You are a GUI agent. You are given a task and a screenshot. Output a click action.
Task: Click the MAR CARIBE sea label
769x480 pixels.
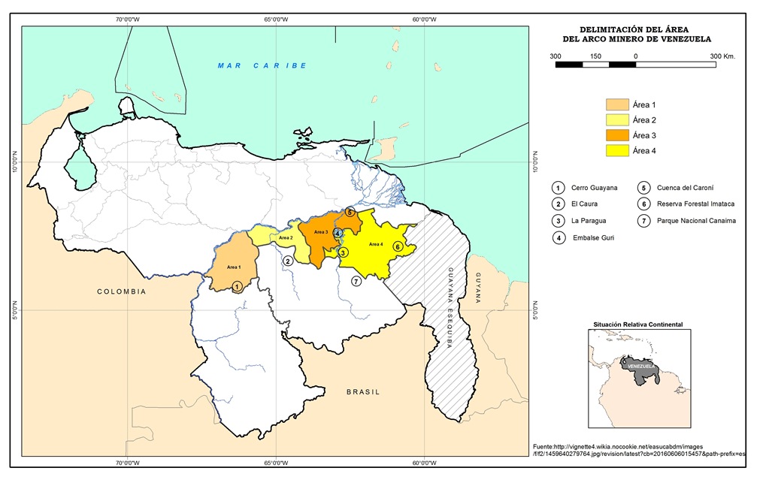point(262,66)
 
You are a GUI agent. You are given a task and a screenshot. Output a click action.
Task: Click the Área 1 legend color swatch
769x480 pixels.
point(617,105)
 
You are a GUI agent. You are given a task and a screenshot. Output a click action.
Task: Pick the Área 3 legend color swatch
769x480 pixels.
point(617,135)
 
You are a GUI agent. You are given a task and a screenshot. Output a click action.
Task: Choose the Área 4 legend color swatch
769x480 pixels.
point(617,151)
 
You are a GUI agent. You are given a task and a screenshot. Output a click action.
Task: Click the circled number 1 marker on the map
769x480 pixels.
point(238,286)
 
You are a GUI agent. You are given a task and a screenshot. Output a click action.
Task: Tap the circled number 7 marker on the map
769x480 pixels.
point(356,281)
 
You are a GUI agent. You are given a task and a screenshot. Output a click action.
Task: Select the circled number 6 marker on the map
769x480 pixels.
point(398,246)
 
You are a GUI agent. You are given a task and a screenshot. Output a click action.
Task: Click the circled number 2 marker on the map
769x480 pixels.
point(287,261)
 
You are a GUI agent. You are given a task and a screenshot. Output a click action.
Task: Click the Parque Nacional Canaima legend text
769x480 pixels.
point(695,221)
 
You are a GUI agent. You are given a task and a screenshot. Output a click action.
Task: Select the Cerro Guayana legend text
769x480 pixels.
point(595,187)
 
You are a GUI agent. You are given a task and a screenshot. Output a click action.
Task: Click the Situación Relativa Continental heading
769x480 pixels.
point(638,324)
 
